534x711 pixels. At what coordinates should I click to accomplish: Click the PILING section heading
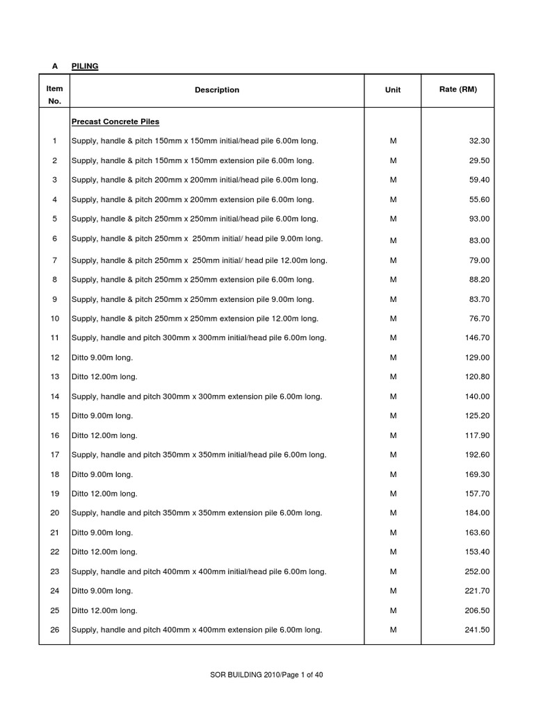pos(85,66)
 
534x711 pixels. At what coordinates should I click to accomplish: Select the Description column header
pos(217,90)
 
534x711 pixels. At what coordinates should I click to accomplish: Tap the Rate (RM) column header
pos(458,90)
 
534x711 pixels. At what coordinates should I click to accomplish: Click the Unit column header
pos(393,90)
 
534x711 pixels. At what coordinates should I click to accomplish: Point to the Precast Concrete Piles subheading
pos(115,122)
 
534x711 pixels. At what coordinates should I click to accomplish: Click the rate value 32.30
pos(479,141)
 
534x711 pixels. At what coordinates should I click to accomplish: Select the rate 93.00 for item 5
pos(479,219)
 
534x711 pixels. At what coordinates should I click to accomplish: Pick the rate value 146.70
pos(477,338)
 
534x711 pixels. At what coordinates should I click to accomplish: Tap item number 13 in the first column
pos(54,377)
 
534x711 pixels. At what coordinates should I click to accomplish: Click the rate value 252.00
pos(477,571)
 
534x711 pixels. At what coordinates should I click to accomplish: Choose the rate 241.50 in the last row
pos(477,630)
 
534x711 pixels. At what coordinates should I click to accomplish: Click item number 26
pos(54,630)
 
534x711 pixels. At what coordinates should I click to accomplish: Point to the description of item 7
pos(199,260)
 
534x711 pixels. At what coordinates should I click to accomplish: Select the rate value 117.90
pos(477,435)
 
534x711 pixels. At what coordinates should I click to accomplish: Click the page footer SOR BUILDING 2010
pos(266,674)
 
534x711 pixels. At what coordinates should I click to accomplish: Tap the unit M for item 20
pos(393,513)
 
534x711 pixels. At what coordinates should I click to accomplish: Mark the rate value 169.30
pos(477,474)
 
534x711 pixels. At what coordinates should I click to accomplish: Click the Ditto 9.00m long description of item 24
pos(102,591)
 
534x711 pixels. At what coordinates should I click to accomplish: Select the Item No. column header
pos(54,95)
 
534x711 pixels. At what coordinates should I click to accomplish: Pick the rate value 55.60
pos(479,199)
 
